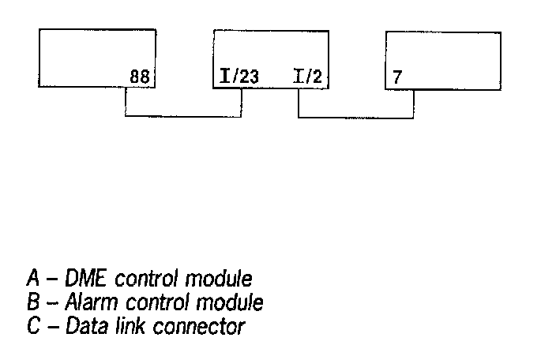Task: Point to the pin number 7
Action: pos(397,78)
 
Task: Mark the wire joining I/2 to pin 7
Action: pos(355,118)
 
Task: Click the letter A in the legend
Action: pos(33,279)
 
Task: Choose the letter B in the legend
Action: pos(33,302)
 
